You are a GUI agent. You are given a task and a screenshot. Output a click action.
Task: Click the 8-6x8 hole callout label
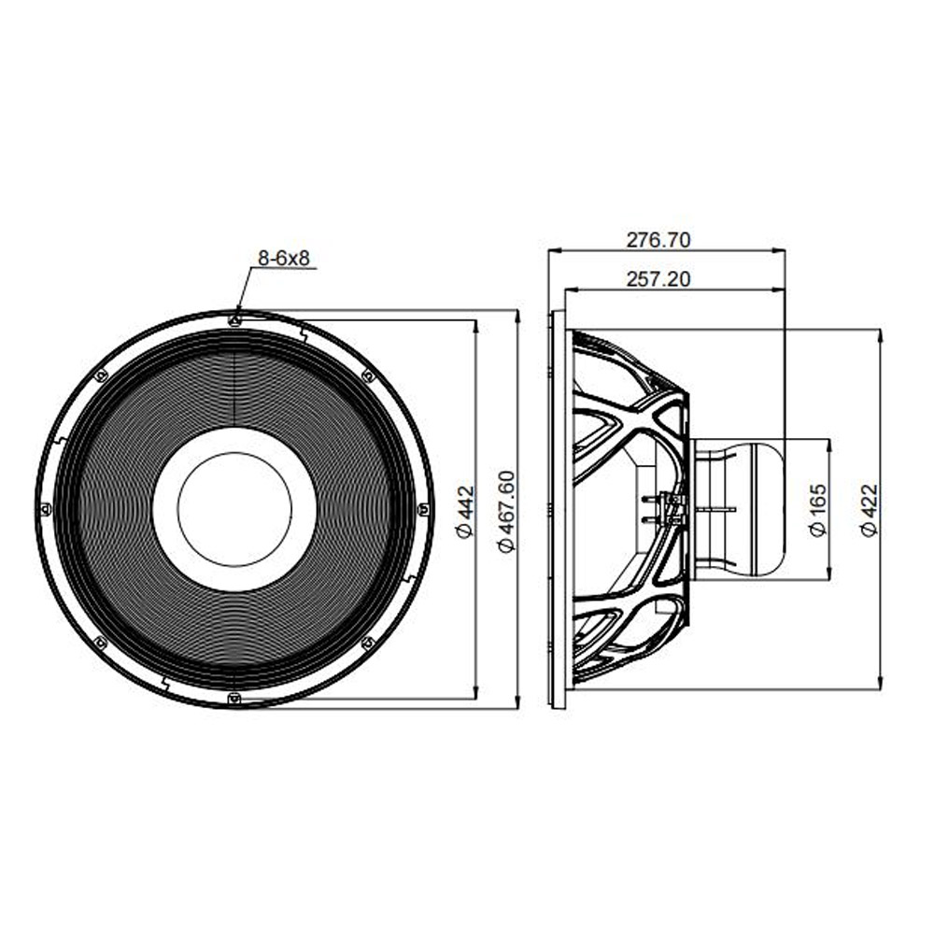284,258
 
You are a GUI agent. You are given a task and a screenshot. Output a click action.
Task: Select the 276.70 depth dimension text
658,239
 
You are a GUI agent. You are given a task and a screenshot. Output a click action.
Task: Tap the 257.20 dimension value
658,278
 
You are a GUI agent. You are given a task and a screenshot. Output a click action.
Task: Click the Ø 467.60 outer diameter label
506,511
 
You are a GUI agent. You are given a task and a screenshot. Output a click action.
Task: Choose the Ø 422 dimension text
870,511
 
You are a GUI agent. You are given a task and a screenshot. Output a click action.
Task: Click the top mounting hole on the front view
234,320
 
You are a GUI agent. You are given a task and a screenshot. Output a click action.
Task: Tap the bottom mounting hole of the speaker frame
234,698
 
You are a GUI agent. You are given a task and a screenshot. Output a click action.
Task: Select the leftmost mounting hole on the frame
45,509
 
